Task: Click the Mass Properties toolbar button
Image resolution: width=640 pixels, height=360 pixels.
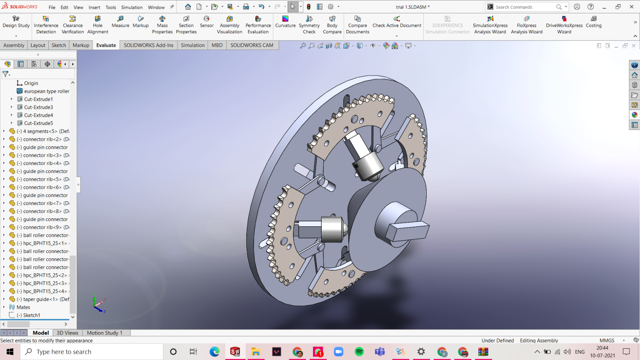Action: click(x=162, y=25)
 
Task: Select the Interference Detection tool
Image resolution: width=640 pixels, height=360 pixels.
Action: click(x=46, y=25)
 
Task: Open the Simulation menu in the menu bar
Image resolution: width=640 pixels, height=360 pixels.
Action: click(x=132, y=7)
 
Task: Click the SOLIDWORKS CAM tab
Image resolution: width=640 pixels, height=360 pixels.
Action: click(x=252, y=45)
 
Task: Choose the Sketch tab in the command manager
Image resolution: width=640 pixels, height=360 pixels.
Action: click(x=58, y=45)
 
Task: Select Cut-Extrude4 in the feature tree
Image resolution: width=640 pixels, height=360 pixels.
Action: click(x=38, y=115)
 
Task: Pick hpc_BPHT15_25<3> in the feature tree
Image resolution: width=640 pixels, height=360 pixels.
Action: click(x=45, y=283)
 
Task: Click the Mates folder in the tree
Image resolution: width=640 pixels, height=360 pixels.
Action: click(x=23, y=307)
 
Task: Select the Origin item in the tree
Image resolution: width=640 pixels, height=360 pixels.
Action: click(x=31, y=83)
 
